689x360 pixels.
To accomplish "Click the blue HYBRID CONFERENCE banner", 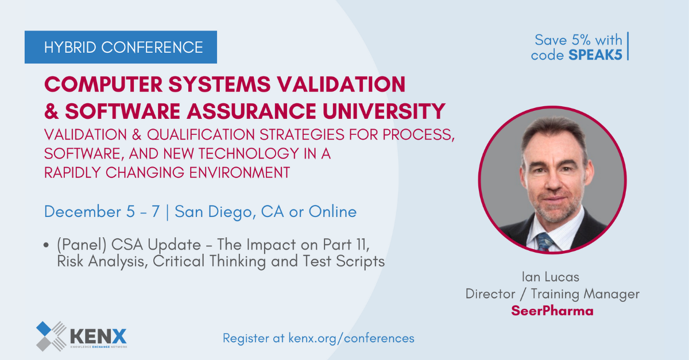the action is (x=121, y=47).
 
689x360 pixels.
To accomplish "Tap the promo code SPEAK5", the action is (x=595, y=55).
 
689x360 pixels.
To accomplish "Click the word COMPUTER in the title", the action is (x=103, y=84).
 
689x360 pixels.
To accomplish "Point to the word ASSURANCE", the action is (x=251, y=111).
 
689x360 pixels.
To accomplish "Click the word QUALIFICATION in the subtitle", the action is (x=200, y=134).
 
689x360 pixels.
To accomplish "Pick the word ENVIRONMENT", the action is (x=239, y=172).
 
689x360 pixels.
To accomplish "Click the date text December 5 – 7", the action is (x=102, y=212).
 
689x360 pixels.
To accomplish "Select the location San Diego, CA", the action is (x=229, y=212).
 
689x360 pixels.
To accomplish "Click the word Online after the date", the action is (x=332, y=212).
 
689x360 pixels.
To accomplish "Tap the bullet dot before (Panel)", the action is (x=46, y=245).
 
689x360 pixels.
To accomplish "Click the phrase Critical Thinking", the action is (x=209, y=261).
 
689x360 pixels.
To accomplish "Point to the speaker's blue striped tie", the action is (x=544, y=242).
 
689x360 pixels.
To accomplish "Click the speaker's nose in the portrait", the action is (x=553, y=182).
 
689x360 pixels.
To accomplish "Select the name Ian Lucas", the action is (x=551, y=277).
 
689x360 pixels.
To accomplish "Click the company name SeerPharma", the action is (x=552, y=311).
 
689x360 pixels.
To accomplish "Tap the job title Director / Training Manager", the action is (x=552, y=294).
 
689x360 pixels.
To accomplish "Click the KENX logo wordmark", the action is (x=98, y=336).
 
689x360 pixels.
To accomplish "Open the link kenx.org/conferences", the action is (x=351, y=338).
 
